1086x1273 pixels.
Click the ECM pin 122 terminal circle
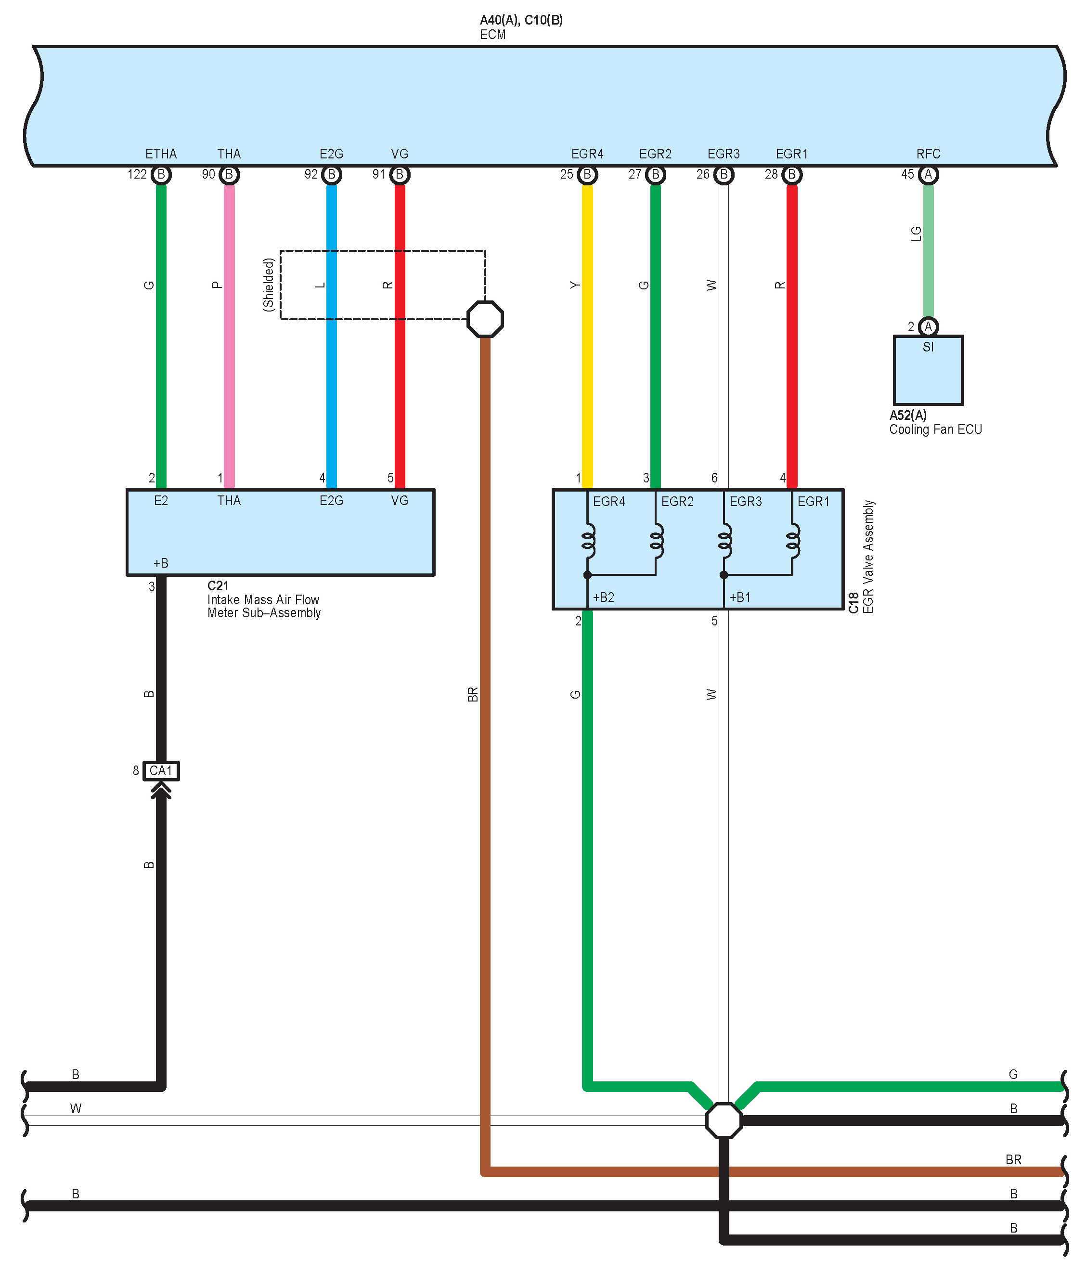(x=161, y=174)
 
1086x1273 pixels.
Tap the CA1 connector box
(x=161, y=770)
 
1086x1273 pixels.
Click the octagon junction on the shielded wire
(x=485, y=319)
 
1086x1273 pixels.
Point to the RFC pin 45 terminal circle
(x=928, y=174)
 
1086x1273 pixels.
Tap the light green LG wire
(x=928, y=258)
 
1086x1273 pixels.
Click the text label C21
(x=218, y=585)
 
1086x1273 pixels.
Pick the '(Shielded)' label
(x=269, y=285)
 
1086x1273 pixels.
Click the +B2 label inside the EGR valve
(x=603, y=597)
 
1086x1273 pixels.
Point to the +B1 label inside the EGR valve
(x=739, y=597)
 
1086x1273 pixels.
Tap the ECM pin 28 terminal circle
(x=792, y=174)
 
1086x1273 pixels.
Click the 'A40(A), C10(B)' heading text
(x=521, y=20)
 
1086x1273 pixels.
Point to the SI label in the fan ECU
(x=928, y=347)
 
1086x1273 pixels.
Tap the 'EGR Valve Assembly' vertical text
(x=868, y=557)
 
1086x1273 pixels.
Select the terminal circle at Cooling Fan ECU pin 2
(x=928, y=327)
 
